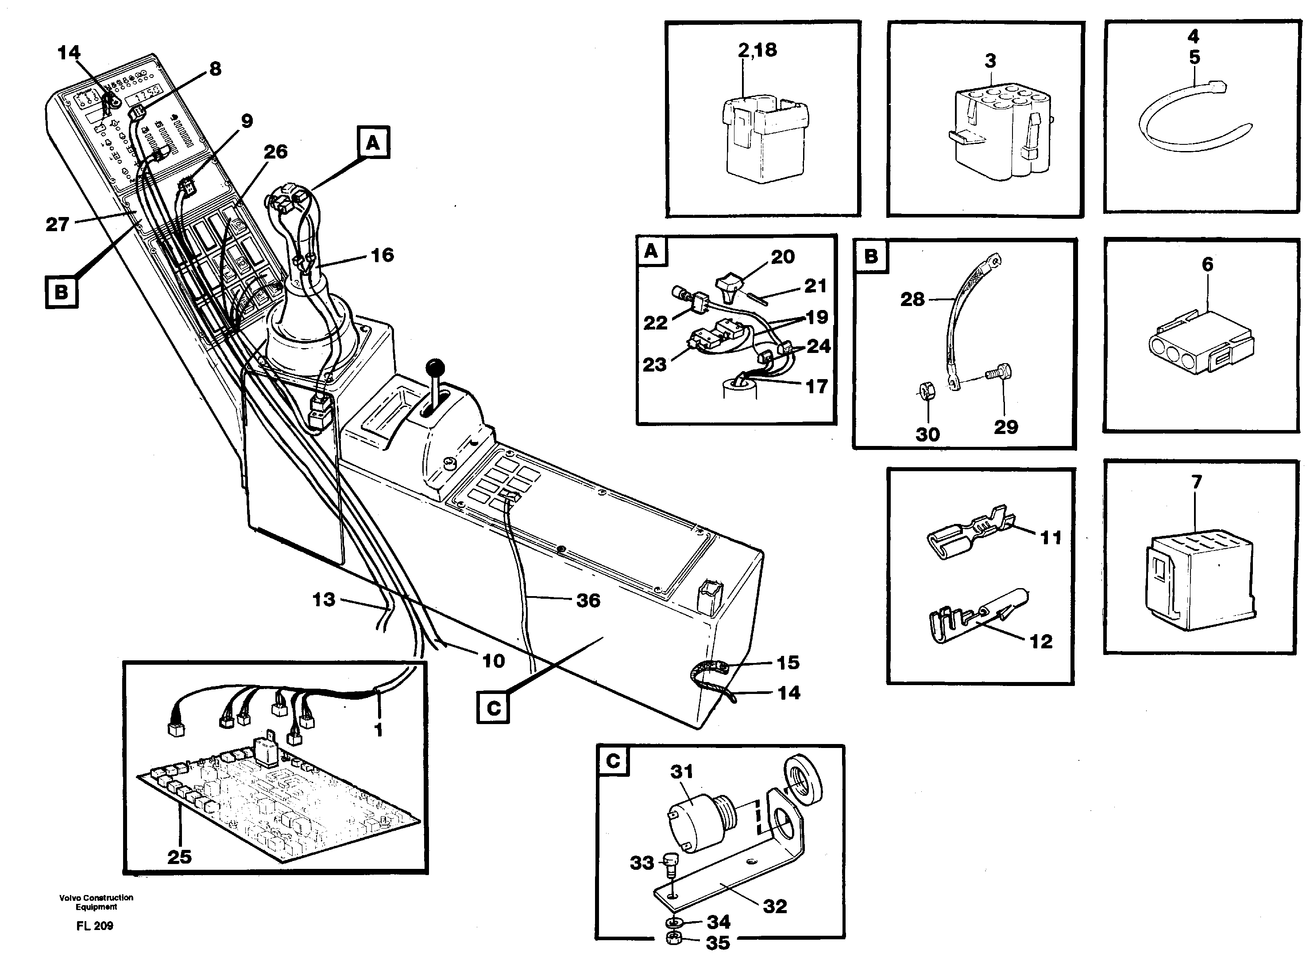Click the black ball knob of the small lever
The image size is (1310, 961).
(x=435, y=368)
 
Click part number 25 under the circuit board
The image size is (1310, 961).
(x=179, y=857)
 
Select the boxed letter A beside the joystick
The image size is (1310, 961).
(x=373, y=143)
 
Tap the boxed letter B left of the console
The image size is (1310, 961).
(x=61, y=291)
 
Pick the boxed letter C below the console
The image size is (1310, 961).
(x=493, y=708)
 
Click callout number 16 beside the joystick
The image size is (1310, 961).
(x=382, y=255)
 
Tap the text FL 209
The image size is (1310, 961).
(x=94, y=926)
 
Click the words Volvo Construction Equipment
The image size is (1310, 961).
(x=96, y=902)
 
